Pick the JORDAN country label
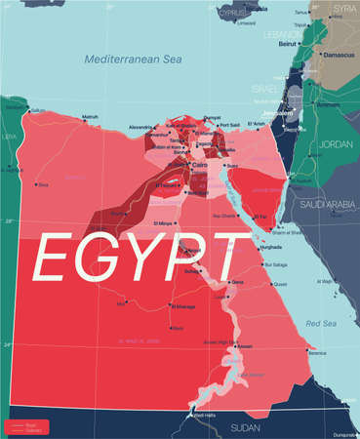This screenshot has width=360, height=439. (x=335, y=144)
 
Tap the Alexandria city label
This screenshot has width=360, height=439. (x=141, y=128)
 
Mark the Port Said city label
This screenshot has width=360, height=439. (x=231, y=124)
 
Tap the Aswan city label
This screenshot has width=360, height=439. (x=245, y=346)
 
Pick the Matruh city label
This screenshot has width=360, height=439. (x=90, y=117)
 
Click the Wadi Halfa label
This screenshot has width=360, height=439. (x=204, y=416)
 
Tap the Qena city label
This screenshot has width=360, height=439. (x=237, y=282)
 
